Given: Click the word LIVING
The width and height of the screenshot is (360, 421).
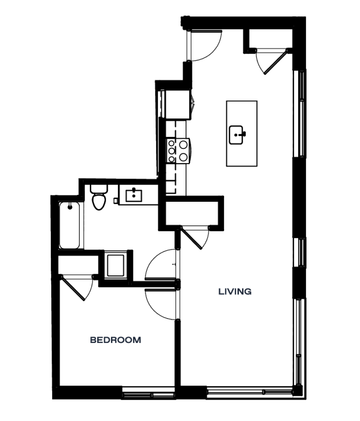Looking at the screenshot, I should click(x=235, y=292).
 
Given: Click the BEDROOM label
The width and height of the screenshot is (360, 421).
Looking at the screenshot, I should click(x=116, y=340).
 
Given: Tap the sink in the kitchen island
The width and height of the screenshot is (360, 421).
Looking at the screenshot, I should click(x=237, y=135).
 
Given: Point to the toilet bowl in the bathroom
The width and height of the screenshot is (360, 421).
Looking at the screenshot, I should click(x=98, y=202).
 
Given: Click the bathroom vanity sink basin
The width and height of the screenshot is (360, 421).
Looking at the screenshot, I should click(x=133, y=196).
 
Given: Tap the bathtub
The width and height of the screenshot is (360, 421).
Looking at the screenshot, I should click(x=69, y=226).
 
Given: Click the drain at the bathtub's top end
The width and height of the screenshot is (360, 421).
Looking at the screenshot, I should click(x=70, y=207).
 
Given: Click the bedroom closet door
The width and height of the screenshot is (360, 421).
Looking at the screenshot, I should click(x=77, y=288).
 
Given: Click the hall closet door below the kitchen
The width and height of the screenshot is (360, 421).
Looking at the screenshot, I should click(x=195, y=238).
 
